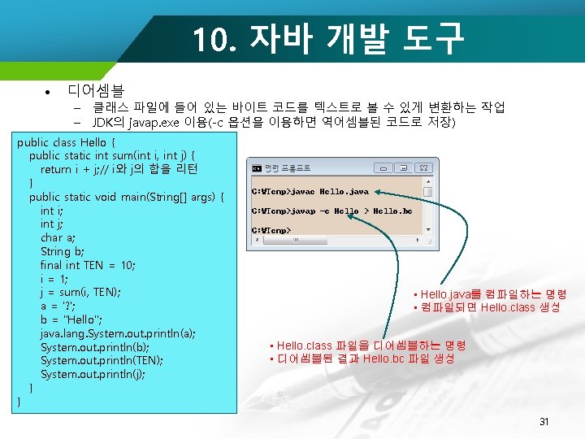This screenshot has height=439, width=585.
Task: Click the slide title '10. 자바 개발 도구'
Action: (328, 37)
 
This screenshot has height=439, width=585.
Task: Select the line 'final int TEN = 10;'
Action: (88, 265)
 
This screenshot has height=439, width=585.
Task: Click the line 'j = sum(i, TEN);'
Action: (80, 292)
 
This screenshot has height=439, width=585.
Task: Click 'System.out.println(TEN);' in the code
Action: (102, 360)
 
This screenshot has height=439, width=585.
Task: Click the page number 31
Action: (544, 421)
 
